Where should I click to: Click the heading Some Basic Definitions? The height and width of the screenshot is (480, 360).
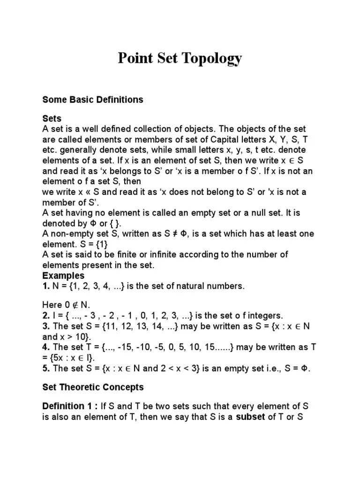92,100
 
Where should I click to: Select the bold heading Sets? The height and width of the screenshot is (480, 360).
52,119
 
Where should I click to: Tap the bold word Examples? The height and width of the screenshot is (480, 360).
63,276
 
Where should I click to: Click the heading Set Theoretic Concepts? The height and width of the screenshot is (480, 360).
93,387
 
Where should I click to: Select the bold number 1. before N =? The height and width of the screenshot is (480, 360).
45,286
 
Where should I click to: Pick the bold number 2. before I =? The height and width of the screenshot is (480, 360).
45,315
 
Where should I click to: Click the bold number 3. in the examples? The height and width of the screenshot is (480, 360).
45,326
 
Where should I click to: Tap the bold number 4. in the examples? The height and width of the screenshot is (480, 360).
45,347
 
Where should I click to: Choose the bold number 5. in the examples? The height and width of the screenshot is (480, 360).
45,368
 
